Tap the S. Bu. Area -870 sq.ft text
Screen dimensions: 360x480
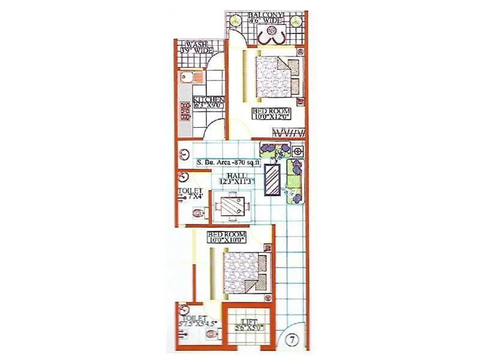228,162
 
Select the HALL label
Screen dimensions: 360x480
233,178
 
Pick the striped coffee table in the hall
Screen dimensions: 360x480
274,180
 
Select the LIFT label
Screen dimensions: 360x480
247,325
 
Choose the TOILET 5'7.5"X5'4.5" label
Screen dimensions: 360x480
196,322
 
